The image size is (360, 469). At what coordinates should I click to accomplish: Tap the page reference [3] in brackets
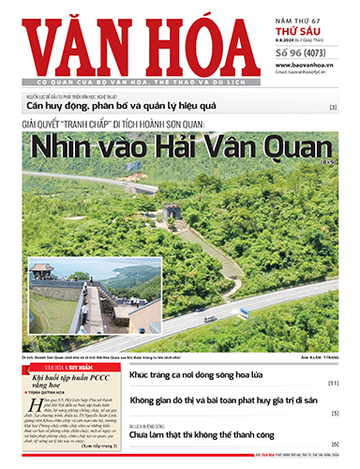333,108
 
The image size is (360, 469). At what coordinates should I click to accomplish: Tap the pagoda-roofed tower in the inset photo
41,271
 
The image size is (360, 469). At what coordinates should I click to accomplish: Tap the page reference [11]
333,384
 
